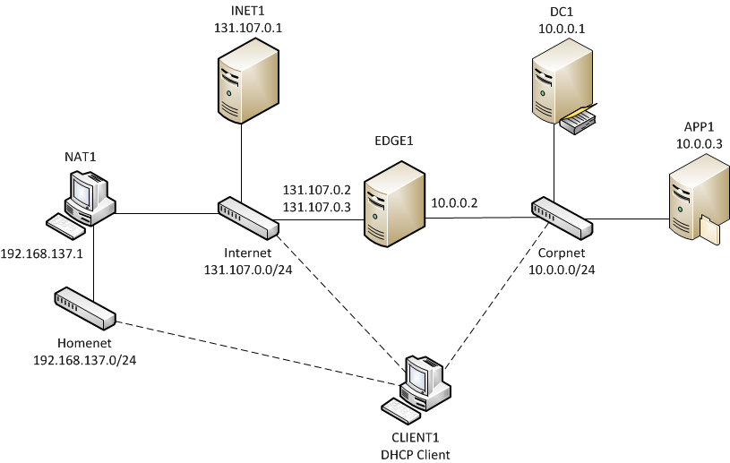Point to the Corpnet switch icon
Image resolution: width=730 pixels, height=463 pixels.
(x=562, y=218)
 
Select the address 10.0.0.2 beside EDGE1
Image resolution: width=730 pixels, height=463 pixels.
(x=454, y=203)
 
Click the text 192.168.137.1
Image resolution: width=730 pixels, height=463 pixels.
(x=42, y=253)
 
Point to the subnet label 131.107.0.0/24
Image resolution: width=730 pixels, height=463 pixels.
(x=248, y=268)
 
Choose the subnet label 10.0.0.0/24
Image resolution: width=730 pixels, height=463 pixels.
(x=562, y=268)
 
